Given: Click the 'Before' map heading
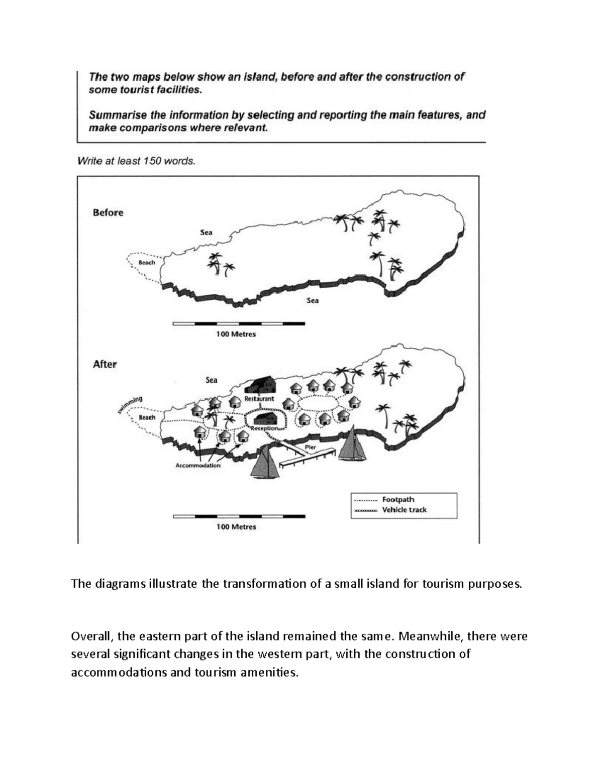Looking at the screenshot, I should [108, 212].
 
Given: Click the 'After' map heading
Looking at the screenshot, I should [105, 364].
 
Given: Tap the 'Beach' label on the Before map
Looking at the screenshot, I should [147, 263].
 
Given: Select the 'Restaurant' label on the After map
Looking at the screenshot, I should [259, 399].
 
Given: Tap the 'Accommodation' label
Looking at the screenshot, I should [198, 466].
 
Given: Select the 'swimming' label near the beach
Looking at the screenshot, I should [131, 404].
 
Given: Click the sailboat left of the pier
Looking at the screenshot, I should [265, 462].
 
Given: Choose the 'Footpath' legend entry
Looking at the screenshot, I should [398, 500].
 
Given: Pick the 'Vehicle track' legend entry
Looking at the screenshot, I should [404, 510].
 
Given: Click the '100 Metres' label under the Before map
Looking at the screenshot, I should [236, 334].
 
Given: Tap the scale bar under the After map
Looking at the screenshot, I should [239, 516].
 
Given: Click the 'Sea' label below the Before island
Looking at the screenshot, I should [313, 300].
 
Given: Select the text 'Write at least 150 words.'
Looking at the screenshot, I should [136, 161].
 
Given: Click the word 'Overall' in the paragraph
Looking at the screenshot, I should [90, 636].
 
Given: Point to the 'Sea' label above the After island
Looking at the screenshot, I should [212, 380].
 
